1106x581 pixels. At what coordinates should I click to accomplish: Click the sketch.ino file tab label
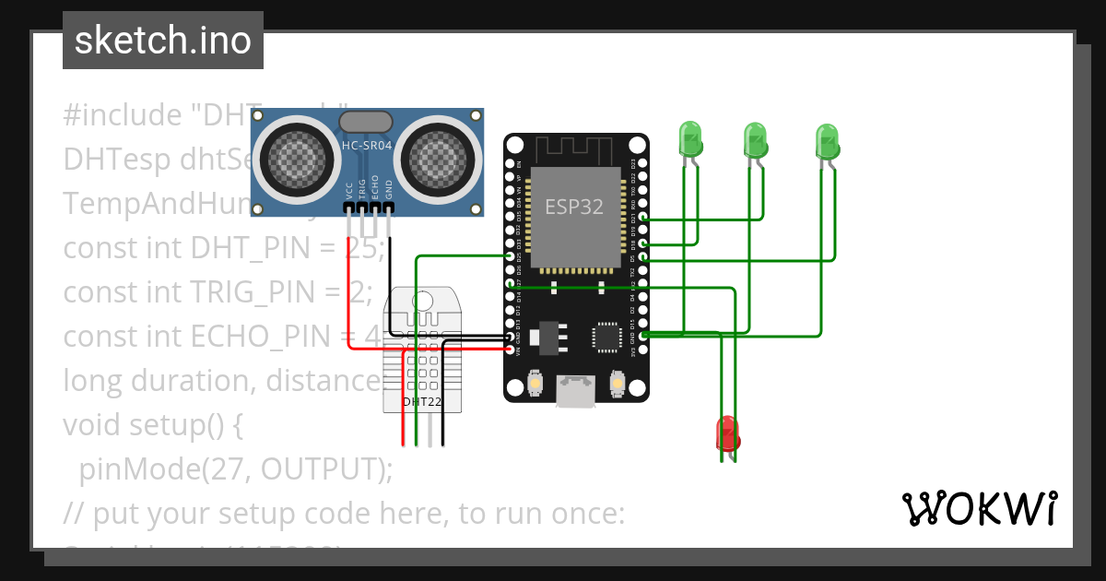[x=163, y=41]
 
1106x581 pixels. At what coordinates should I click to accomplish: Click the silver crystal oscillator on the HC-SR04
[x=368, y=121]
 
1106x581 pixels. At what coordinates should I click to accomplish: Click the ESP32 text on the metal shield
[x=574, y=207]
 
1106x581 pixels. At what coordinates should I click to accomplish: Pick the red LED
[x=727, y=433]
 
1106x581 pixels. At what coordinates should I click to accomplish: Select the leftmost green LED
[x=690, y=139]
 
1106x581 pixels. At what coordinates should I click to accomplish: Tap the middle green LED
[x=756, y=140]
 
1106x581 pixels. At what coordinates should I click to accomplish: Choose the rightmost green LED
[x=828, y=141]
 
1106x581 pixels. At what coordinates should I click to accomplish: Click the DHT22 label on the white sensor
[x=420, y=402]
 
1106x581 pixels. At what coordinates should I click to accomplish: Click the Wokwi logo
[x=979, y=508]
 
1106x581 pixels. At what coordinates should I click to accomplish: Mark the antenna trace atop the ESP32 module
[x=575, y=148]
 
